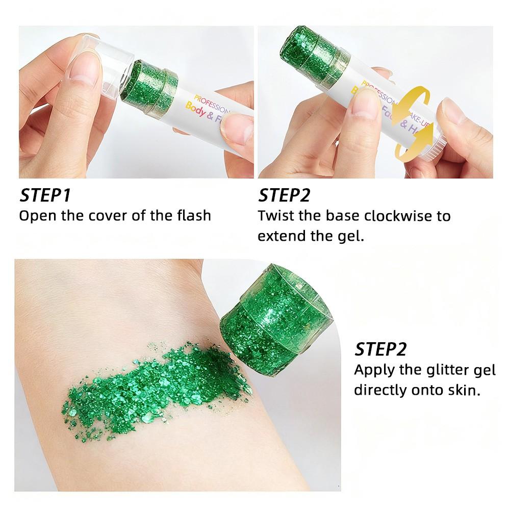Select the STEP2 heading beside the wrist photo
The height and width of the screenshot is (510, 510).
[x=380, y=349]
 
